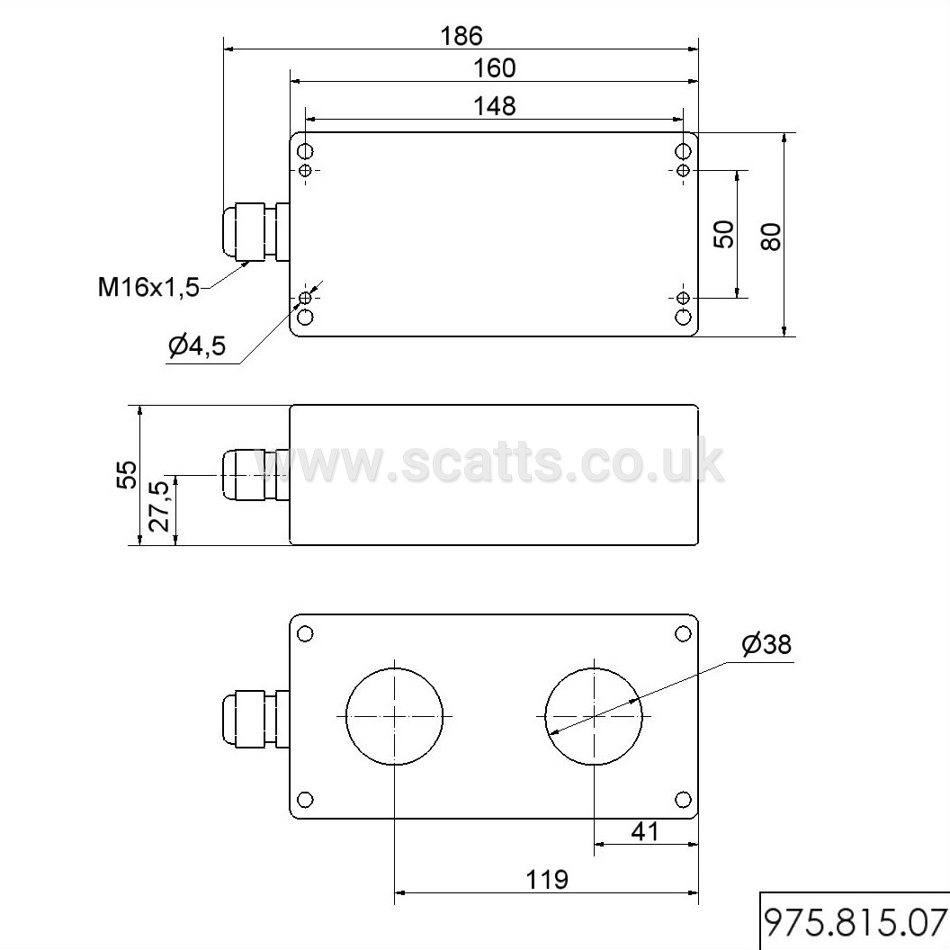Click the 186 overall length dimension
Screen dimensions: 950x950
[462, 36]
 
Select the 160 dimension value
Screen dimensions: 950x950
[495, 67]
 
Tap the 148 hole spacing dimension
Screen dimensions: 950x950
[495, 106]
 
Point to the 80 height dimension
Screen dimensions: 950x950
[771, 237]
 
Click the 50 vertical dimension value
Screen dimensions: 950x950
[724, 234]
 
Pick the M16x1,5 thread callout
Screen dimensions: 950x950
[148, 287]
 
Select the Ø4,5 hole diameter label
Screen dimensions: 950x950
[197, 345]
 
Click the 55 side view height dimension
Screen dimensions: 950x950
[127, 475]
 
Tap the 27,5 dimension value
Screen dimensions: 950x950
[160, 506]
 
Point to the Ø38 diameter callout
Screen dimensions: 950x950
[766, 644]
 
